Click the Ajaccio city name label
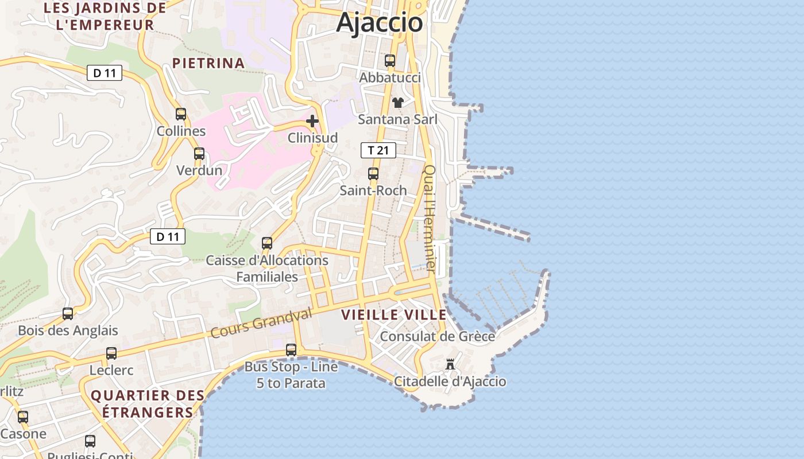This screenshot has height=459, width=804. pyautogui.click(x=380, y=23)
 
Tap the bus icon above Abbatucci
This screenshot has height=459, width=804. pyautogui.click(x=390, y=60)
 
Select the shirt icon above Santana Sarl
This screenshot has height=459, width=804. pyautogui.click(x=397, y=103)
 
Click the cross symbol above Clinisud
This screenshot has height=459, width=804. pyautogui.click(x=312, y=121)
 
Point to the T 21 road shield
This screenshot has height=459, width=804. pyautogui.click(x=378, y=150)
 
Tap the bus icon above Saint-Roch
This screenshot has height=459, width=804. pyautogui.click(x=373, y=173)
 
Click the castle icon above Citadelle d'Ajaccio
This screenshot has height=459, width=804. pyautogui.click(x=450, y=364)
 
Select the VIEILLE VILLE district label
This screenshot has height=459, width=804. pyautogui.click(x=394, y=314)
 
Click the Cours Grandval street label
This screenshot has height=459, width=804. pyautogui.click(x=261, y=322)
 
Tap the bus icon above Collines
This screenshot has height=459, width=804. pyautogui.click(x=181, y=114)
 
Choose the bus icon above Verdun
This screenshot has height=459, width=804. pyautogui.click(x=199, y=154)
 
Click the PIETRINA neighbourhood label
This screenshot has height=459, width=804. pyautogui.click(x=208, y=63)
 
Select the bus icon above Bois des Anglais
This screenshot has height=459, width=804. pyautogui.click(x=68, y=313)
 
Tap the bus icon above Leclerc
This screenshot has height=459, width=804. pyautogui.click(x=111, y=353)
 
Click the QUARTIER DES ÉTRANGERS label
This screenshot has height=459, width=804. pyautogui.click(x=148, y=404)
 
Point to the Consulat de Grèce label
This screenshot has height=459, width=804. pyautogui.click(x=437, y=336)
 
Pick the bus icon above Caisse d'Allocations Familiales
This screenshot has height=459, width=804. pyautogui.click(x=267, y=243)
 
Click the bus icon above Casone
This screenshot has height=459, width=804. pyautogui.click(x=23, y=417)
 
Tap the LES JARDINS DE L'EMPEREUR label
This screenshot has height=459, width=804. pyautogui.click(x=105, y=16)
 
